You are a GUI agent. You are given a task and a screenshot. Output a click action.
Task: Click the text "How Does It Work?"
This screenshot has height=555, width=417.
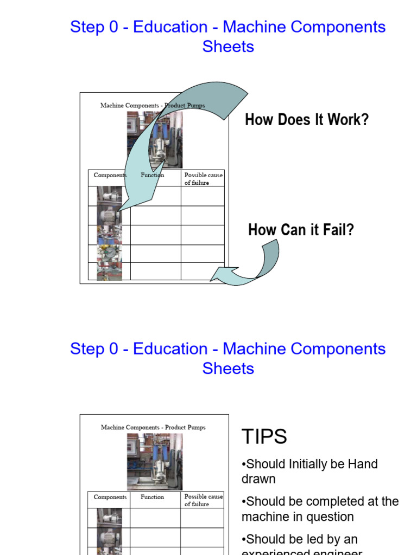point(307,120)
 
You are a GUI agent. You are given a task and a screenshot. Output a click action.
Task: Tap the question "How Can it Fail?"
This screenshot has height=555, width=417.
point(301,230)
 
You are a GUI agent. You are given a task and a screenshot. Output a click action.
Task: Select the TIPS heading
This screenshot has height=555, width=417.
point(264,436)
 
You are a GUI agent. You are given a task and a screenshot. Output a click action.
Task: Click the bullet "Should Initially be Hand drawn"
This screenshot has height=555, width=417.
point(309,472)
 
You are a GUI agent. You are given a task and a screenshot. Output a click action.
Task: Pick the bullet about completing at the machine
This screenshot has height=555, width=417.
point(320,509)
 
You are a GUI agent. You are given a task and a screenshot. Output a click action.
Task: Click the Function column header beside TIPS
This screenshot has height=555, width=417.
point(152,497)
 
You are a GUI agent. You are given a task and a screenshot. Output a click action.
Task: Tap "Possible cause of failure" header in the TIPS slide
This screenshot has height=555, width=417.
point(203,500)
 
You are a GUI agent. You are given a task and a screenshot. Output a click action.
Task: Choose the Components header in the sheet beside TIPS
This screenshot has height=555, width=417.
point(110,497)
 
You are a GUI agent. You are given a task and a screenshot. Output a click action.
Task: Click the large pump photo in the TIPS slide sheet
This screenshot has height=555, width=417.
point(155,461)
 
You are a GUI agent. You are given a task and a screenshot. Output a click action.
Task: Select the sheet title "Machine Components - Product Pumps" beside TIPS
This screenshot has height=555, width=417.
point(153,427)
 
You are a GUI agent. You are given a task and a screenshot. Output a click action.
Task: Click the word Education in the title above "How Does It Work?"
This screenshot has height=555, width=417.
point(170,27)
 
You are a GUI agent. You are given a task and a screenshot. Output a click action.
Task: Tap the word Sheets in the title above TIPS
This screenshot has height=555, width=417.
point(228,369)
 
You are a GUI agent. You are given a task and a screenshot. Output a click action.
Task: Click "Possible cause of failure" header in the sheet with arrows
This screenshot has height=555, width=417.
point(203,179)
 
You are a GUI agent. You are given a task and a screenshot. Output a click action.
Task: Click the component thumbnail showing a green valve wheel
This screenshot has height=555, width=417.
point(110,254)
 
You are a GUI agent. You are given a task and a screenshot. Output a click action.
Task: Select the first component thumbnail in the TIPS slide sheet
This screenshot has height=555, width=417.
point(110,518)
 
